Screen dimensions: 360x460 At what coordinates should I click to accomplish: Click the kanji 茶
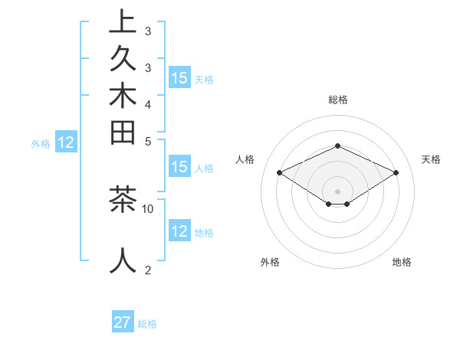(122, 198)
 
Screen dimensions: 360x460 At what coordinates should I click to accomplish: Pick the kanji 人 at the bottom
(122, 261)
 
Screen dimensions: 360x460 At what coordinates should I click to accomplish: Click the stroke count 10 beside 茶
(148, 208)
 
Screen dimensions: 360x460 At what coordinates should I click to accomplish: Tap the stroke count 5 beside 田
(148, 141)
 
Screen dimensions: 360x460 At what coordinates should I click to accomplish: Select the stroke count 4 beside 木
(148, 103)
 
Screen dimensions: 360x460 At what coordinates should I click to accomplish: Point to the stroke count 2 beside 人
(148, 270)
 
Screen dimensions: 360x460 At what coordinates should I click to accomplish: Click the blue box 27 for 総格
(123, 322)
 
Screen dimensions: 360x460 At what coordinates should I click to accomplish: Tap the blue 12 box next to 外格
(66, 142)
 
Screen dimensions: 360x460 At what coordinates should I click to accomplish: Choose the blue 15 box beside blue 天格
(179, 78)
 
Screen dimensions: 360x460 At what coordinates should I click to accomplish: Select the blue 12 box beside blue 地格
(179, 231)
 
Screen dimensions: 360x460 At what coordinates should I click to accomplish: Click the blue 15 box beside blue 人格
(179, 168)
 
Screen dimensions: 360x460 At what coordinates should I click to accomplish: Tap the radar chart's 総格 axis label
(337, 100)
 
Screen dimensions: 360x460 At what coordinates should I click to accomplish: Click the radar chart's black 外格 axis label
(270, 263)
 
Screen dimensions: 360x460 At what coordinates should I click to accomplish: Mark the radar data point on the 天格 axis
(396, 173)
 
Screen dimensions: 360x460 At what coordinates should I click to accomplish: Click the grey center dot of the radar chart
(337, 191)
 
